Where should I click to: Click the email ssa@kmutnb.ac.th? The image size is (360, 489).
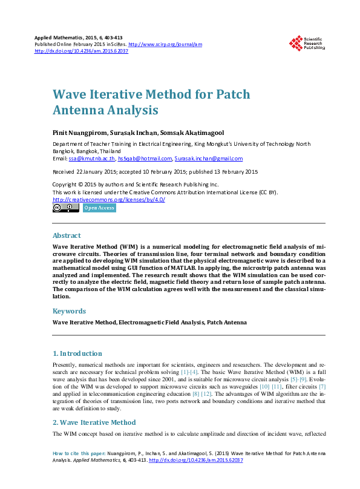tap(92, 159)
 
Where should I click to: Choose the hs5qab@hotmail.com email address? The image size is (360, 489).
tap(145, 159)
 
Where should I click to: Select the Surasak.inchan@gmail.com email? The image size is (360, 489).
tap(208, 159)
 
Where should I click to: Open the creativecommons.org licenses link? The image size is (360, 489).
tap(109, 199)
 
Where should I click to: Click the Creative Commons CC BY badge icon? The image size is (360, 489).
tap(65, 208)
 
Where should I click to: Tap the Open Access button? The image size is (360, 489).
tap(99, 208)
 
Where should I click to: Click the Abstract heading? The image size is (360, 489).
tap(67, 235)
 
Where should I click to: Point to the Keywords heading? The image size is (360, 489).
tap(70, 311)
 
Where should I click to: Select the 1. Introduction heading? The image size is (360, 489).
tap(77, 353)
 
